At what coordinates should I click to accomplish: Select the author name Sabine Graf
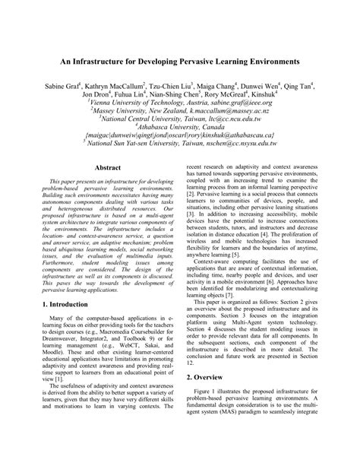tap(65, 88)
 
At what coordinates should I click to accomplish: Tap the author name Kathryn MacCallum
tap(122, 88)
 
